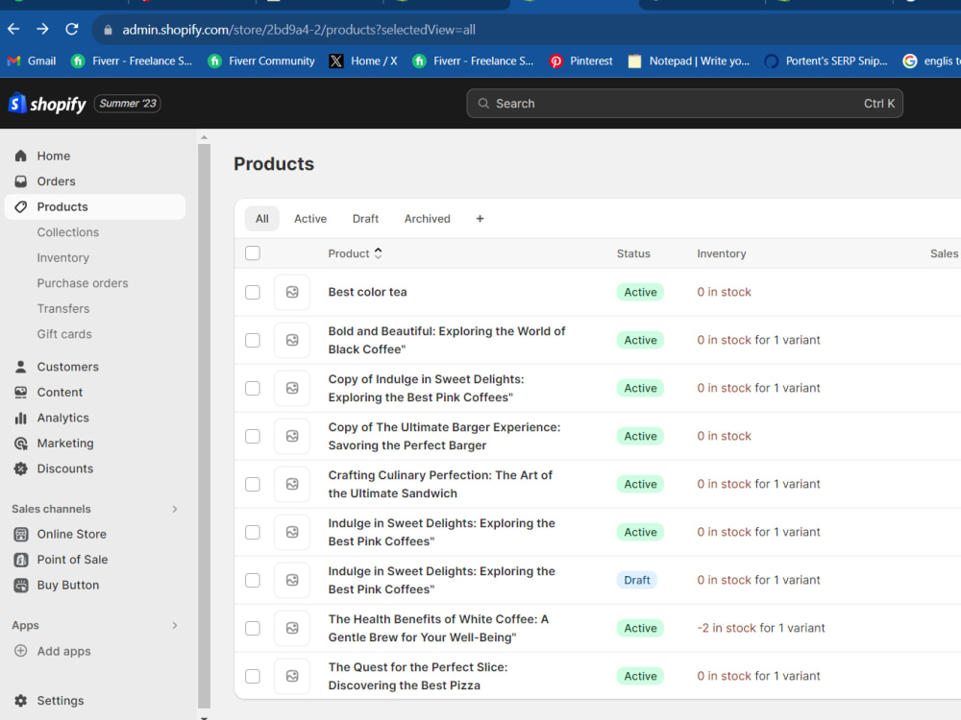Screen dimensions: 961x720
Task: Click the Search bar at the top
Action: [684, 104]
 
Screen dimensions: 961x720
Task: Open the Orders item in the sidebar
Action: [56, 181]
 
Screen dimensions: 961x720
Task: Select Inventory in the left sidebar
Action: [63, 257]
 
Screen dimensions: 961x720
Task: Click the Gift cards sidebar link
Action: [64, 334]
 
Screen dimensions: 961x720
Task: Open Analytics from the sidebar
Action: [62, 418]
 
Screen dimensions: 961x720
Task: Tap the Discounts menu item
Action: [65, 468]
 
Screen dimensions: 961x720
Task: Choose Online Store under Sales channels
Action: [72, 534]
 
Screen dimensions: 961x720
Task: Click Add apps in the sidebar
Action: [63, 651]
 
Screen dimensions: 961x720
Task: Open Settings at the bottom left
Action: [60, 701]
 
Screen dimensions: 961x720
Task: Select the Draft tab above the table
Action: [365, 219]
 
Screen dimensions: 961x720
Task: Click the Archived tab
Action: [428, 219]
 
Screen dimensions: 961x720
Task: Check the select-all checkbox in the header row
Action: [253, 252]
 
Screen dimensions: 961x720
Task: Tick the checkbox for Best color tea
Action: [253, 292]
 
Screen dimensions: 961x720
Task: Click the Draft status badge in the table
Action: [637, 580]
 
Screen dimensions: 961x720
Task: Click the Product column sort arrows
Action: [378, 253]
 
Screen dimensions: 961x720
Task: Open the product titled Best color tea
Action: [368, 292]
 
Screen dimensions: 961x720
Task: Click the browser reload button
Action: [72, 30]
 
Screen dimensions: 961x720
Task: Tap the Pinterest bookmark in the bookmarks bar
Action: [581, 61]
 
